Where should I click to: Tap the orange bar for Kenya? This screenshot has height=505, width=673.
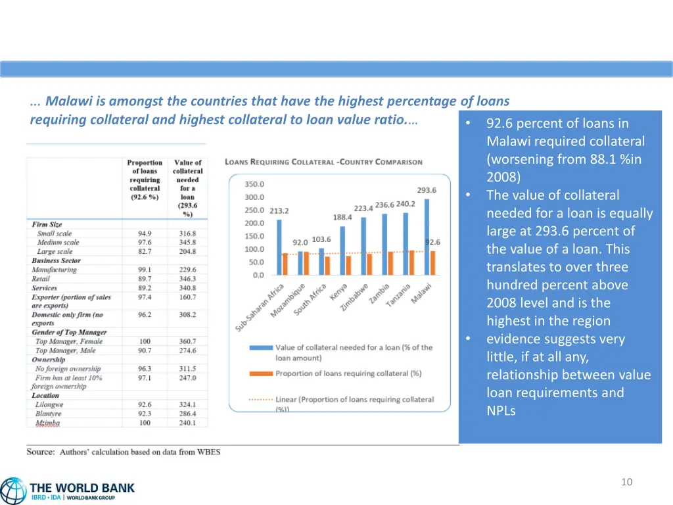(x=348, y=265)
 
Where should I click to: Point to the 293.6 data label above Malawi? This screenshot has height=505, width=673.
(x=427, y=190)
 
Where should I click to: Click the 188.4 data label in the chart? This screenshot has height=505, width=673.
(x=342, y=217)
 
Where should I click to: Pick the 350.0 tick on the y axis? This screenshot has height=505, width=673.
(x=254, y=184)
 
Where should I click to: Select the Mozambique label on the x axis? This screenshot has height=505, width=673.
(x=288, y=301)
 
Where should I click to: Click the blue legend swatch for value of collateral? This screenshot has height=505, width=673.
(x=261, y=347)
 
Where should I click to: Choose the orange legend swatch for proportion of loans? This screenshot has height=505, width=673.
(x=261, y=373)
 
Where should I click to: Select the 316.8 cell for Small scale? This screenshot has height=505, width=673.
(x=187, y=233)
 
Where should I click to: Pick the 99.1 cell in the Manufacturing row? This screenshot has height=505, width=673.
(x=145, y=270)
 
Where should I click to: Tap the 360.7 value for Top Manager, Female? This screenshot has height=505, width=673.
(x=187, y=341)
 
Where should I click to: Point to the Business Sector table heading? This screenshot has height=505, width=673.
(x=56, y=260)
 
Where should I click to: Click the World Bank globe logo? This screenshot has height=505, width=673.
(x=13, y=491)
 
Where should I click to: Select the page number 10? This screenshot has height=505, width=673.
(x=626, y=482)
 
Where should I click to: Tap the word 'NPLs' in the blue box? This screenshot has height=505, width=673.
(x=501, y=411)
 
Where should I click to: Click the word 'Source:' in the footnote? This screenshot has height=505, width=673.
(x=40, y=452)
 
